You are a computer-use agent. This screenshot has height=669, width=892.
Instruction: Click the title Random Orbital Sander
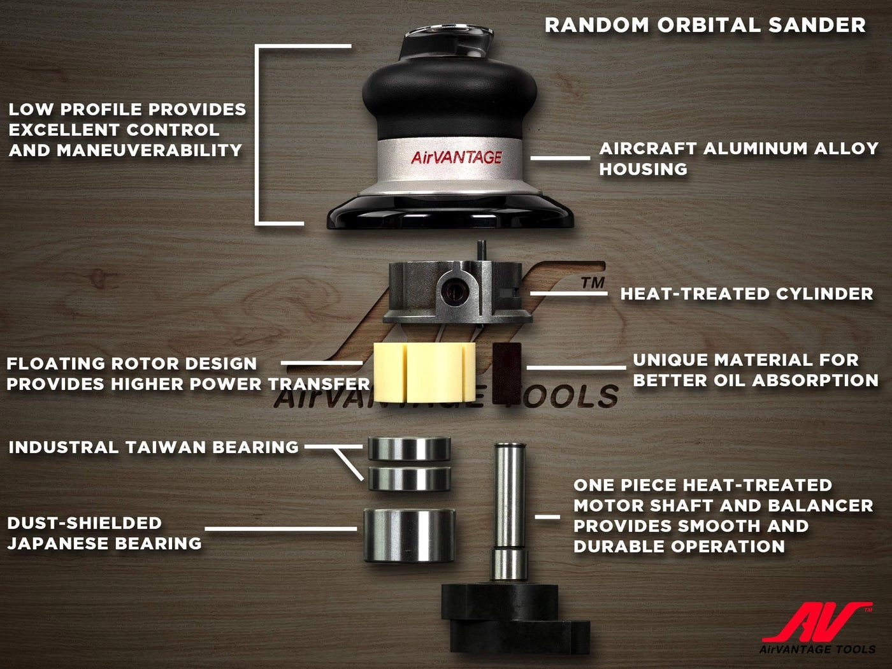(705, 25)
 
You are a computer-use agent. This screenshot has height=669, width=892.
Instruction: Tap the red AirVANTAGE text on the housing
(456, 157)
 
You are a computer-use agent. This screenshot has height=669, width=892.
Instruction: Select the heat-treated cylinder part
(456, 290)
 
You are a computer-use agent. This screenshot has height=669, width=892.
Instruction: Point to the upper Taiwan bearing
(409, 447)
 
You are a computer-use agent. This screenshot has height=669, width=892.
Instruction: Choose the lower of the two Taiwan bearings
(409, 478)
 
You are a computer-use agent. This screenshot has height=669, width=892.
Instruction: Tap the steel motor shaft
(510, 503)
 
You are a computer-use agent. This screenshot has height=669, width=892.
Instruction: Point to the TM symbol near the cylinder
(593, 282)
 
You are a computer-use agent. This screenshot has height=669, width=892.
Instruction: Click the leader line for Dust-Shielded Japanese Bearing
(280, 528)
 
